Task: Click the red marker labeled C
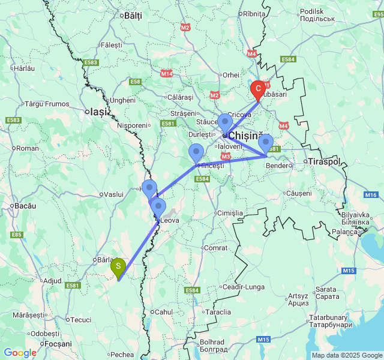[x=258, y=90]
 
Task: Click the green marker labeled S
[x=119, y=266]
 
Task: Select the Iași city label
[x=98, y=111]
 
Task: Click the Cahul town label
[x=164, y=311]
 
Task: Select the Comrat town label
[x=217, y=247]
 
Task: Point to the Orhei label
[x=231, y=75]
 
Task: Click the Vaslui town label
[x=113, y=194]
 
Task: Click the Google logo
[x=20, y=353]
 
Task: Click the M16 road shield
[x=371, y=195]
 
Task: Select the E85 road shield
[x=16, y=235]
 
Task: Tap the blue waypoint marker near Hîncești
[x=196, y=152]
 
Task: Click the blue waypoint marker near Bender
[x=266, y=143]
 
